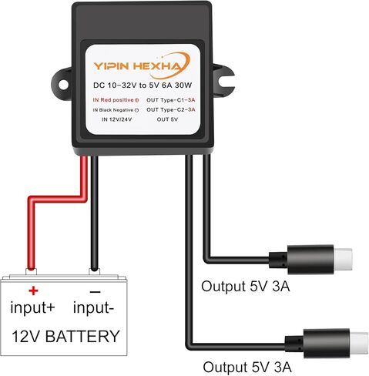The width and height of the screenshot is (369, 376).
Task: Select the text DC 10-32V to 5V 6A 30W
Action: [x=143, y=86]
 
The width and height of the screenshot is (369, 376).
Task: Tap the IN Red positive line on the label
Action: [x=116, y=100]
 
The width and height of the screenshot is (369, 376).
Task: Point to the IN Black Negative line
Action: [x=116, y=110]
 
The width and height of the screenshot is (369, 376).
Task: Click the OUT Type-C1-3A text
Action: [x=171, y=100]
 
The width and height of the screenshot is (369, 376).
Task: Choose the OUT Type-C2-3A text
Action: [x=171, y=109]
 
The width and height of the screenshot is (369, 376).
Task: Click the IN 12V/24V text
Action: [x=117, y=119]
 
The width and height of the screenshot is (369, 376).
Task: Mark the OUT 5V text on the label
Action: [x=167, y=119]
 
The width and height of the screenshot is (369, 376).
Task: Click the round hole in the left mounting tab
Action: [x=63, y=85]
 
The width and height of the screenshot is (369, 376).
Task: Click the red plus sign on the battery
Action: [x=33, y=290]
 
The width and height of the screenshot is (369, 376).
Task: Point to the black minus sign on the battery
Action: [x=95, y=292]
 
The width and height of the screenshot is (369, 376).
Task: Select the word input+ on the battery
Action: [x=32, y=307]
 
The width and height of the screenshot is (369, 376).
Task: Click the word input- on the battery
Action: [x=93, y=307]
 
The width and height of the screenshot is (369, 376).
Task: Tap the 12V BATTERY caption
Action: [x=65, y=336]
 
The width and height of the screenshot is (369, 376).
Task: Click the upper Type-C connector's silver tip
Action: [x=343, y=259]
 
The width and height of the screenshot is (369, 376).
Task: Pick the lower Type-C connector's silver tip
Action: [x=359, y=343]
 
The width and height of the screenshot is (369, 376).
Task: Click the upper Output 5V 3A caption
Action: [x=246, y=286]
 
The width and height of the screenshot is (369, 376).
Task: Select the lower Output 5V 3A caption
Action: [x=247, y=367]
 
